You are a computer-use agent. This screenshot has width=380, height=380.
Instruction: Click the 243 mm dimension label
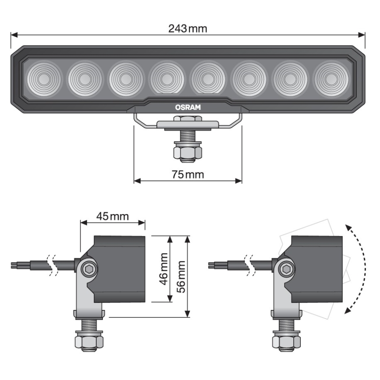[x=188, y=29]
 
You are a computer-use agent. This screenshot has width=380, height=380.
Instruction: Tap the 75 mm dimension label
[x=188, y=174]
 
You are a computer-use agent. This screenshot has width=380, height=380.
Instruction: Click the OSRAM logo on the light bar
[x=187, y=106]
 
